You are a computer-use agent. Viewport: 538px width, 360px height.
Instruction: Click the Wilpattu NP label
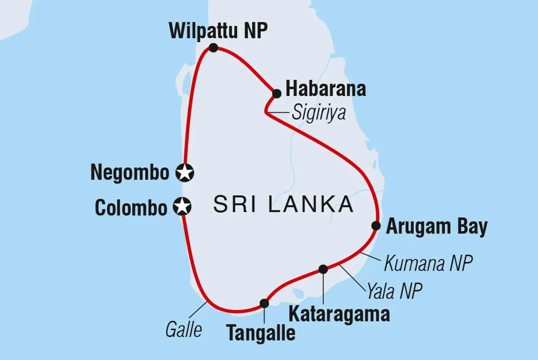[x=218, y=31]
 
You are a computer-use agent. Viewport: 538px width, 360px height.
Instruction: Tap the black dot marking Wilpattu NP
[x=213, y=48]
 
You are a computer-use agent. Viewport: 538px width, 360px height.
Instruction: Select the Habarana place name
[x=325, y=89]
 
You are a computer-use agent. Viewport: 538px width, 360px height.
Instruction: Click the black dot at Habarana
[x=276, y=93]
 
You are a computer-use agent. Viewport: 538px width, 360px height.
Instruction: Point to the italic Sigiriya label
[x=319, y=113]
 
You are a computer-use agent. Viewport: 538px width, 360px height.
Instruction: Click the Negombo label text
[x=130, y=173]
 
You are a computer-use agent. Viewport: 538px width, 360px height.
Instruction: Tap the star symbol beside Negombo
[x=185, y=173]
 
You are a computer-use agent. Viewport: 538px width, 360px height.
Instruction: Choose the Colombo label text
[x=131, y=208]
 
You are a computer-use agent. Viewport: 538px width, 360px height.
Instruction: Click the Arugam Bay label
[x=436, y=227]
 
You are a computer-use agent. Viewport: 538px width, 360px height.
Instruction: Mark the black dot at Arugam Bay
[x=376, y=225]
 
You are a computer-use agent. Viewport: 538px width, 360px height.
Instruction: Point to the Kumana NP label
[x=428, y=264]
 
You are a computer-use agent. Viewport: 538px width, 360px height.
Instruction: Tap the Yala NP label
[x=394, y=292]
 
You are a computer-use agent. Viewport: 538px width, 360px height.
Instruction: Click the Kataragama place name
[x=339, y=314]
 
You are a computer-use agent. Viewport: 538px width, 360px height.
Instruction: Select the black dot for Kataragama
[x=323, y=269]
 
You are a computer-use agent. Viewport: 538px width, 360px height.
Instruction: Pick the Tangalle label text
[x=261, y=334]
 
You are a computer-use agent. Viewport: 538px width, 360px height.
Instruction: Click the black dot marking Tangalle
[x=264, y=303]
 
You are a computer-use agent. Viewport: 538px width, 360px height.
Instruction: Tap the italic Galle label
[x=184, y=330]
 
